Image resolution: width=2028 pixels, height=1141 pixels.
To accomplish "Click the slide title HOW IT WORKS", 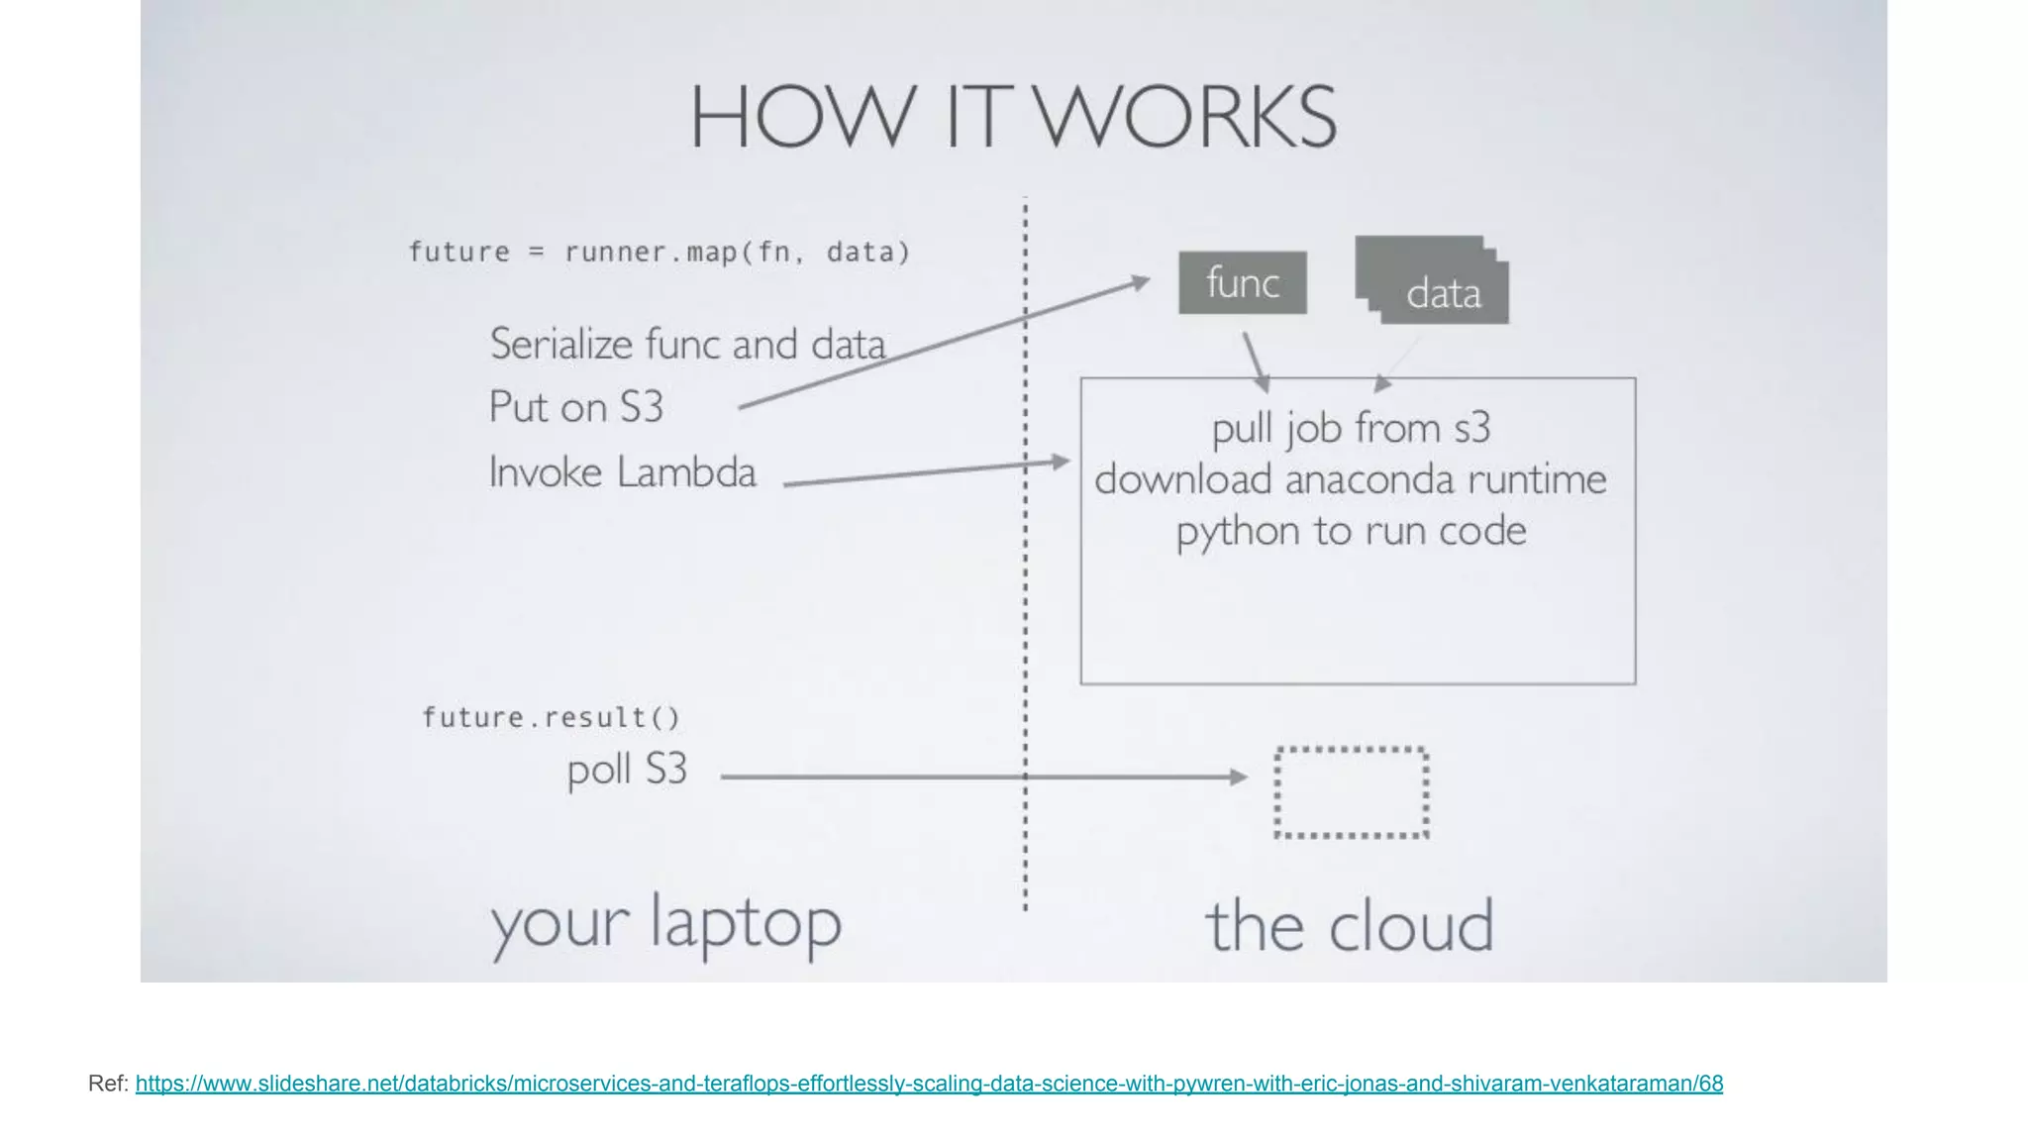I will [x=1013, y=117].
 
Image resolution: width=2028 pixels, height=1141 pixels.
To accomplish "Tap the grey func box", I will [x=1242, y=283].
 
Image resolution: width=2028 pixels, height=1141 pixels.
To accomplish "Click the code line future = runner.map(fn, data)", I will [x=659, y=253].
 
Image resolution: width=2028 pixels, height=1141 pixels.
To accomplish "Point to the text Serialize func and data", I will [x=687, y=345].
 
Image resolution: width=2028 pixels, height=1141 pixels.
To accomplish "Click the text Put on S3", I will [x=575, y=407].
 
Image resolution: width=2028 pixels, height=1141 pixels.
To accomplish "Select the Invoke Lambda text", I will [x=622, y=472].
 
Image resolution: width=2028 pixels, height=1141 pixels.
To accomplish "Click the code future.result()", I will [x=552, y=717].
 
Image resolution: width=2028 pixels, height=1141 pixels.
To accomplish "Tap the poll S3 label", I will [x=627, y=770].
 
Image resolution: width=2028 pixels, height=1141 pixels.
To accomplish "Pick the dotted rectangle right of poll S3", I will [x=1351, y=792].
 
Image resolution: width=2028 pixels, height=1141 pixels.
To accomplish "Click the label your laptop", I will [x=665, y=924].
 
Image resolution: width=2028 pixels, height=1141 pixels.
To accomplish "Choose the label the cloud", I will [x=1349, y=926].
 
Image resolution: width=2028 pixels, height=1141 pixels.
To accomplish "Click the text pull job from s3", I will [x=1351, y=428].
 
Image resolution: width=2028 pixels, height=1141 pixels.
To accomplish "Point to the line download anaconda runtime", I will [x=1351, y=479].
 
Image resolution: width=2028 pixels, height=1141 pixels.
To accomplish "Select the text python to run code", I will [x=1351, y=531].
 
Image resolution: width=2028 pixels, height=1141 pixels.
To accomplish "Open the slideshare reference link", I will [x=929, y=1084].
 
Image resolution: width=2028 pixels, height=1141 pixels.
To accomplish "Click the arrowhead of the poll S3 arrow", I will [x=1239, y=778].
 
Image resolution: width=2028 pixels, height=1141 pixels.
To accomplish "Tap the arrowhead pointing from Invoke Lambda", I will [x=1062, y=462].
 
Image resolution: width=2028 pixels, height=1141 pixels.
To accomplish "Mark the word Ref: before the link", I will [x=108, y=1084].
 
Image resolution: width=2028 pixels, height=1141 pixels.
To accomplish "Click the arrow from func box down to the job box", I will [x=1256, y=361].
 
